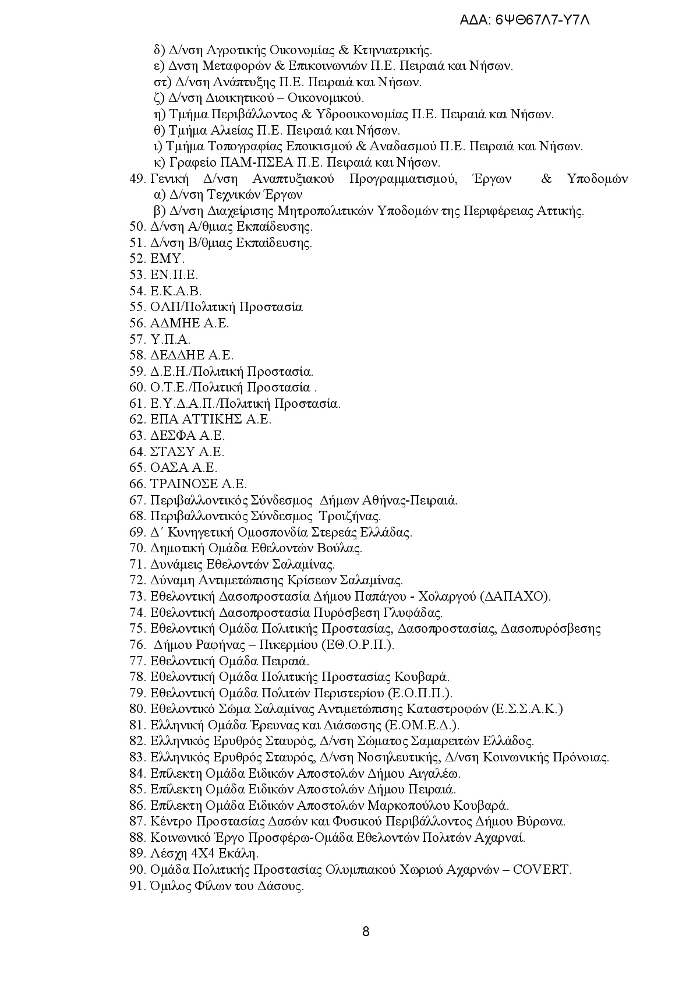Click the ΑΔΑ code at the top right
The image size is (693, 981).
pyautogui.click(x=525, y=20)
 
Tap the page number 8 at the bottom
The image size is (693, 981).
pyautogui.click(x=366, y=931)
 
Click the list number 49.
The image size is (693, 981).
pyautogui.click(x=137, y=179)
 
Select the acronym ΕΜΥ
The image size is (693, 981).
pyautogui.click(x=167, y=259)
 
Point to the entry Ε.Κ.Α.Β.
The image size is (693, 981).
pyautogui.click(x=176, y=291)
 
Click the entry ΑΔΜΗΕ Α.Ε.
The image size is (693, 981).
pyautogui.click(x=189, y=323)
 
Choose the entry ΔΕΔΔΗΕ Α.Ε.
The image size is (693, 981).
pyautogui.click(x=192, y=355)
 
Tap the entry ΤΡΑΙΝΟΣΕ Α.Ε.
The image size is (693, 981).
pyautogui.click(x=199, y=484)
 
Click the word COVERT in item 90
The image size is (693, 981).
pyautogui.click(x=543, y=870)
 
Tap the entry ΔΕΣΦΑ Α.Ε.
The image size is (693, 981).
pyautogui.click(x=188, y=436)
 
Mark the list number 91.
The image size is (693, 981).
pyautogui.click(x=137, y=886)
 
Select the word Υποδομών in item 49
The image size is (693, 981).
pyautogui.click(x=597, y=179)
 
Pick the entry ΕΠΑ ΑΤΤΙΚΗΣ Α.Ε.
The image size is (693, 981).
pyautogui.click(x=211, y=419)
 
